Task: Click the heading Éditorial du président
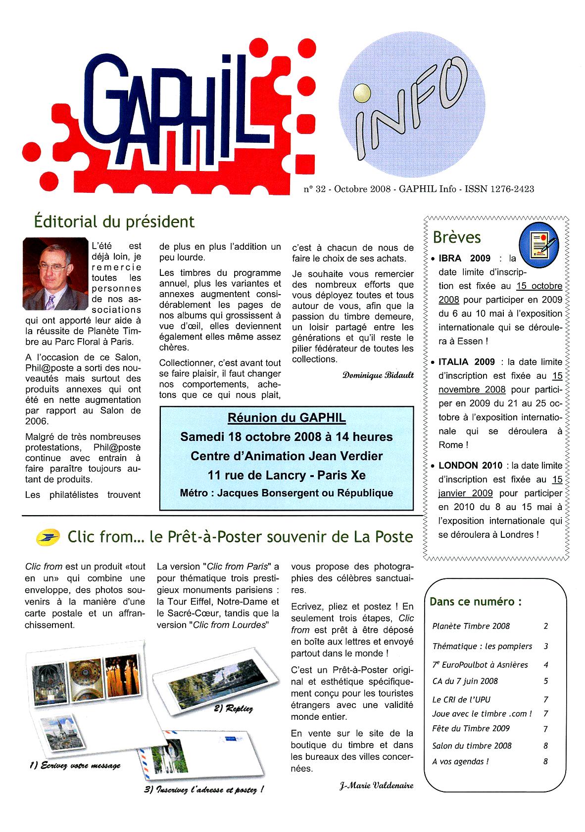pyautogui.click(x=114, y=221)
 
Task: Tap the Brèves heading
pyautogui.click(x=456, y=237)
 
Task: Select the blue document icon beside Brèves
pyautogui.click(x=538, y=242)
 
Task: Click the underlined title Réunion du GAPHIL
pyautogui.click(x=287, y=418)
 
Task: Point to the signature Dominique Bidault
pyautogui.click(x=378, y=375)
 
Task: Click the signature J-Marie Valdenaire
pyautogui.click(x=376, y=785)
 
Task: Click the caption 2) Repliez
pyautogui.click(x=233, y=708)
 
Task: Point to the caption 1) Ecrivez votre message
pyautogui.click(x=75, y=765)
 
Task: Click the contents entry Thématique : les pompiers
pyautogui.click(x=482, y=646)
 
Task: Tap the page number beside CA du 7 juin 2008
pyautogui.click(x=546, y=681)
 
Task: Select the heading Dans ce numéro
pyautogui.click(x=475, y=602)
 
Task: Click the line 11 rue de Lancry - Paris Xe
pyautogui.click(x=287, y=475)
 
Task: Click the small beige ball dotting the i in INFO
pyautogui.click(x=362, y=92)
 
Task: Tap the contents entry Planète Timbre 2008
pyautogui.click(x=471, y=626)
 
